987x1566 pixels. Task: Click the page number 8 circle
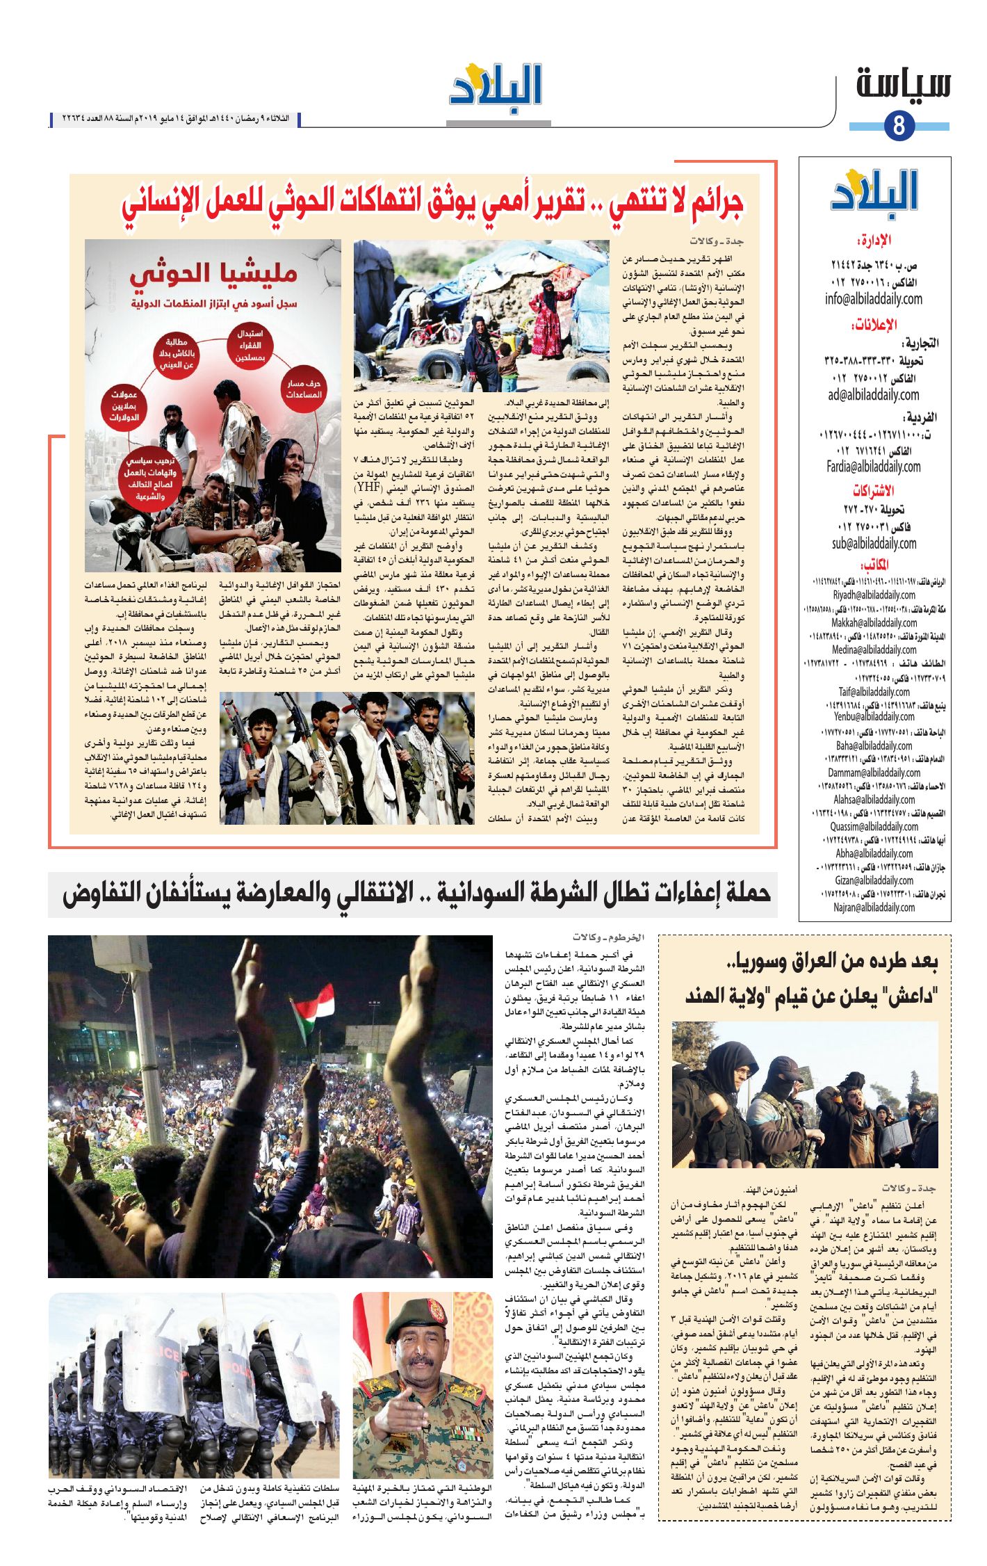tap(899, 126)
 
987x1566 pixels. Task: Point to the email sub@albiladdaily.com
tap(874, 543)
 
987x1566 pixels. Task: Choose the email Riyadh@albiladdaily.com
tap(874, 595)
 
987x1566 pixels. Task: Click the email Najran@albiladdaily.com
tap(874, 907)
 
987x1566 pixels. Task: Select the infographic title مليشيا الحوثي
tap(213, 274)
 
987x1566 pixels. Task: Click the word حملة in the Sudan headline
tap(744, 892)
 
